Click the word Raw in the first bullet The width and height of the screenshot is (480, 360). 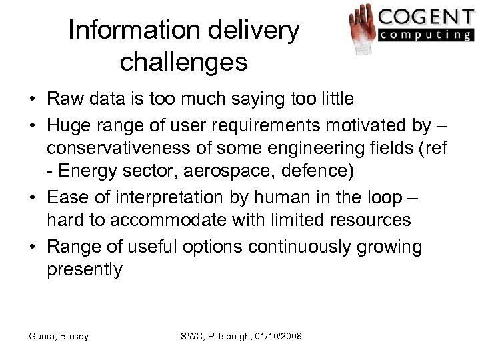click(62, 101)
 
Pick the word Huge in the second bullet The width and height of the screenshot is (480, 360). click(65, 123)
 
